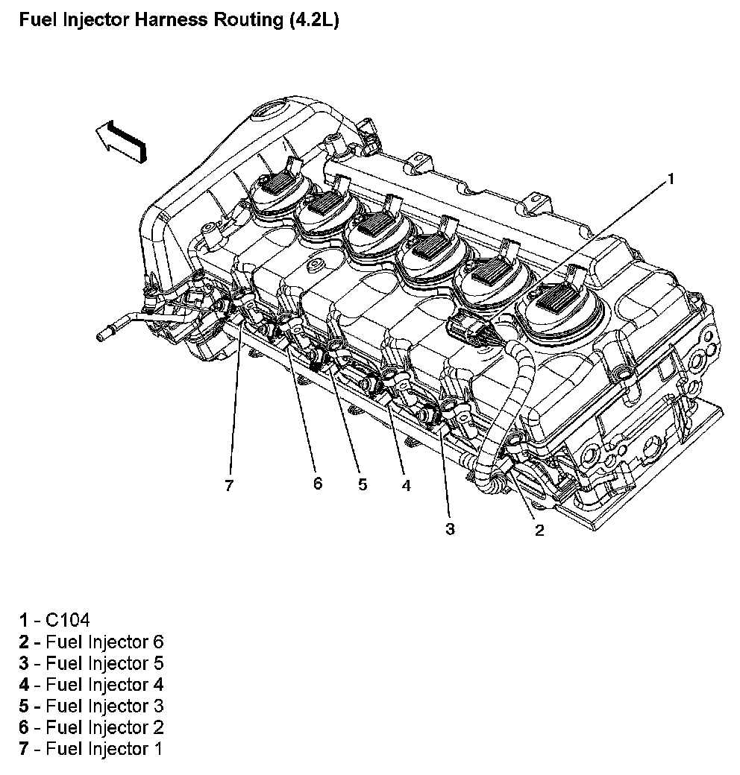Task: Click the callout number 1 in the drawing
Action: (670, 178)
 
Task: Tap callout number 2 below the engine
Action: (539, 530)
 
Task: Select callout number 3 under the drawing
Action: (450, 529)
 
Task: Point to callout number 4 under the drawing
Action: (406, 486)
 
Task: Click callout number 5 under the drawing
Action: (363, 484)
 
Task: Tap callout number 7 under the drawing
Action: (229, 486)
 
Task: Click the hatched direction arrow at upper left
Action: (121, 140)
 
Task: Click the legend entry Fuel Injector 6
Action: (104, 642)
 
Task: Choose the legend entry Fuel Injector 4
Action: (104, 684)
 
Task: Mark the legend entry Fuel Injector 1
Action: (104, 748)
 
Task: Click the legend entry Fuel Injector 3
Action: (104, 706)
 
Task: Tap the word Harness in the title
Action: (173, 20)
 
